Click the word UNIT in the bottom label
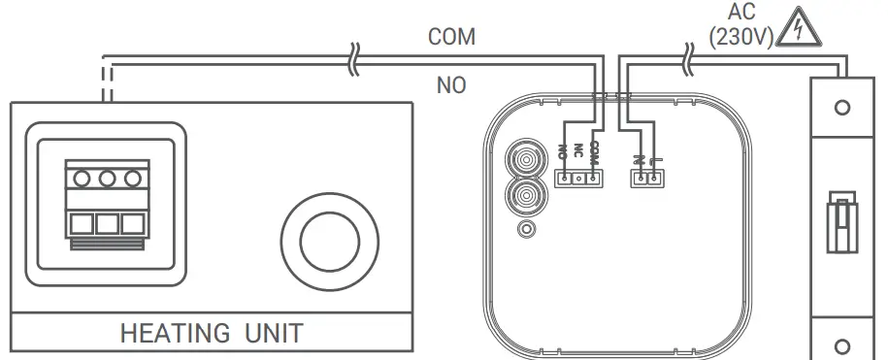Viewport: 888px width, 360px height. point(267,334)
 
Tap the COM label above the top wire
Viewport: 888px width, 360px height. point(452,37)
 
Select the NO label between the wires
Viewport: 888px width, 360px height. point(451,85)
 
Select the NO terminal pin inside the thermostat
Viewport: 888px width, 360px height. point(564,179)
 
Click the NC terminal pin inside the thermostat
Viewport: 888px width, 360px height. point(577,179)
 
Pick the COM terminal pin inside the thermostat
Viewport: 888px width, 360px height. point(591,179)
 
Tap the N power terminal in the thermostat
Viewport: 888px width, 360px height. point(641,179)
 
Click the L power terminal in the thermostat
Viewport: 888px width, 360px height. point(654,179)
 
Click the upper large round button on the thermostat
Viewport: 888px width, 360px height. point(525,158)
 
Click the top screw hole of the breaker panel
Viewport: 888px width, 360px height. point(842,107)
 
